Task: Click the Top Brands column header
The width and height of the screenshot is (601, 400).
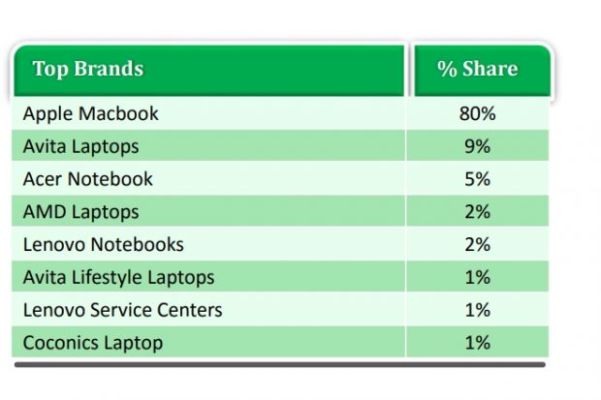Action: (88, 70)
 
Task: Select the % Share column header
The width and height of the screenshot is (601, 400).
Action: (478, 70)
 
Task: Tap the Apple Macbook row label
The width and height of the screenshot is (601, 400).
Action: (91, 114)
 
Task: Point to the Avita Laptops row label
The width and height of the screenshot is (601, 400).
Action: (81, 147)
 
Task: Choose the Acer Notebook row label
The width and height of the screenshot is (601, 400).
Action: (88, 179)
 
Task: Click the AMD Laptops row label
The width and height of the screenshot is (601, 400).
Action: (81, 212)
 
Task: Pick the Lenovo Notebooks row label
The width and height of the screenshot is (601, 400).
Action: (104, 245)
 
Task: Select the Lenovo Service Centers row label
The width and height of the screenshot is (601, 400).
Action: (123, 310)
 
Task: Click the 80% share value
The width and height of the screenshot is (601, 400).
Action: (478, 114)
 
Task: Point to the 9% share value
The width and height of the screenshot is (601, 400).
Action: (478, 147)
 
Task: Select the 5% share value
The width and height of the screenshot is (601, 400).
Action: (478, 179)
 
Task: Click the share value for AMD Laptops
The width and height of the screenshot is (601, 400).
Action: (478, 212)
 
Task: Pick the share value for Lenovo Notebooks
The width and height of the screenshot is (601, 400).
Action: (478, 245)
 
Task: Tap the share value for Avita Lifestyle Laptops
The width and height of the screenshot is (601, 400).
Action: (478, 278)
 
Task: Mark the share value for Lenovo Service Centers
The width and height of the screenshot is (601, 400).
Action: (478, 310)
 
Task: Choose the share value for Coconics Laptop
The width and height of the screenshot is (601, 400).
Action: (478, 343)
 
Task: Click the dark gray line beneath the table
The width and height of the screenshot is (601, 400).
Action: (281, 365)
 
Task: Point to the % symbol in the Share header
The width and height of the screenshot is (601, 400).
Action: (447, 70)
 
